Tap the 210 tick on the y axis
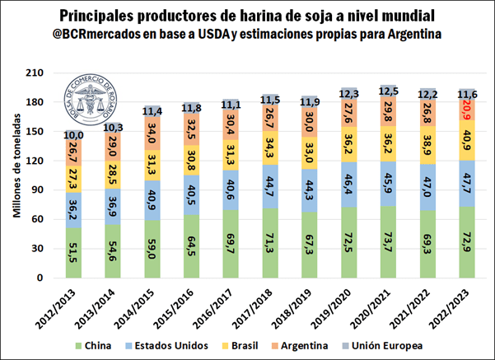pos(54,74)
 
